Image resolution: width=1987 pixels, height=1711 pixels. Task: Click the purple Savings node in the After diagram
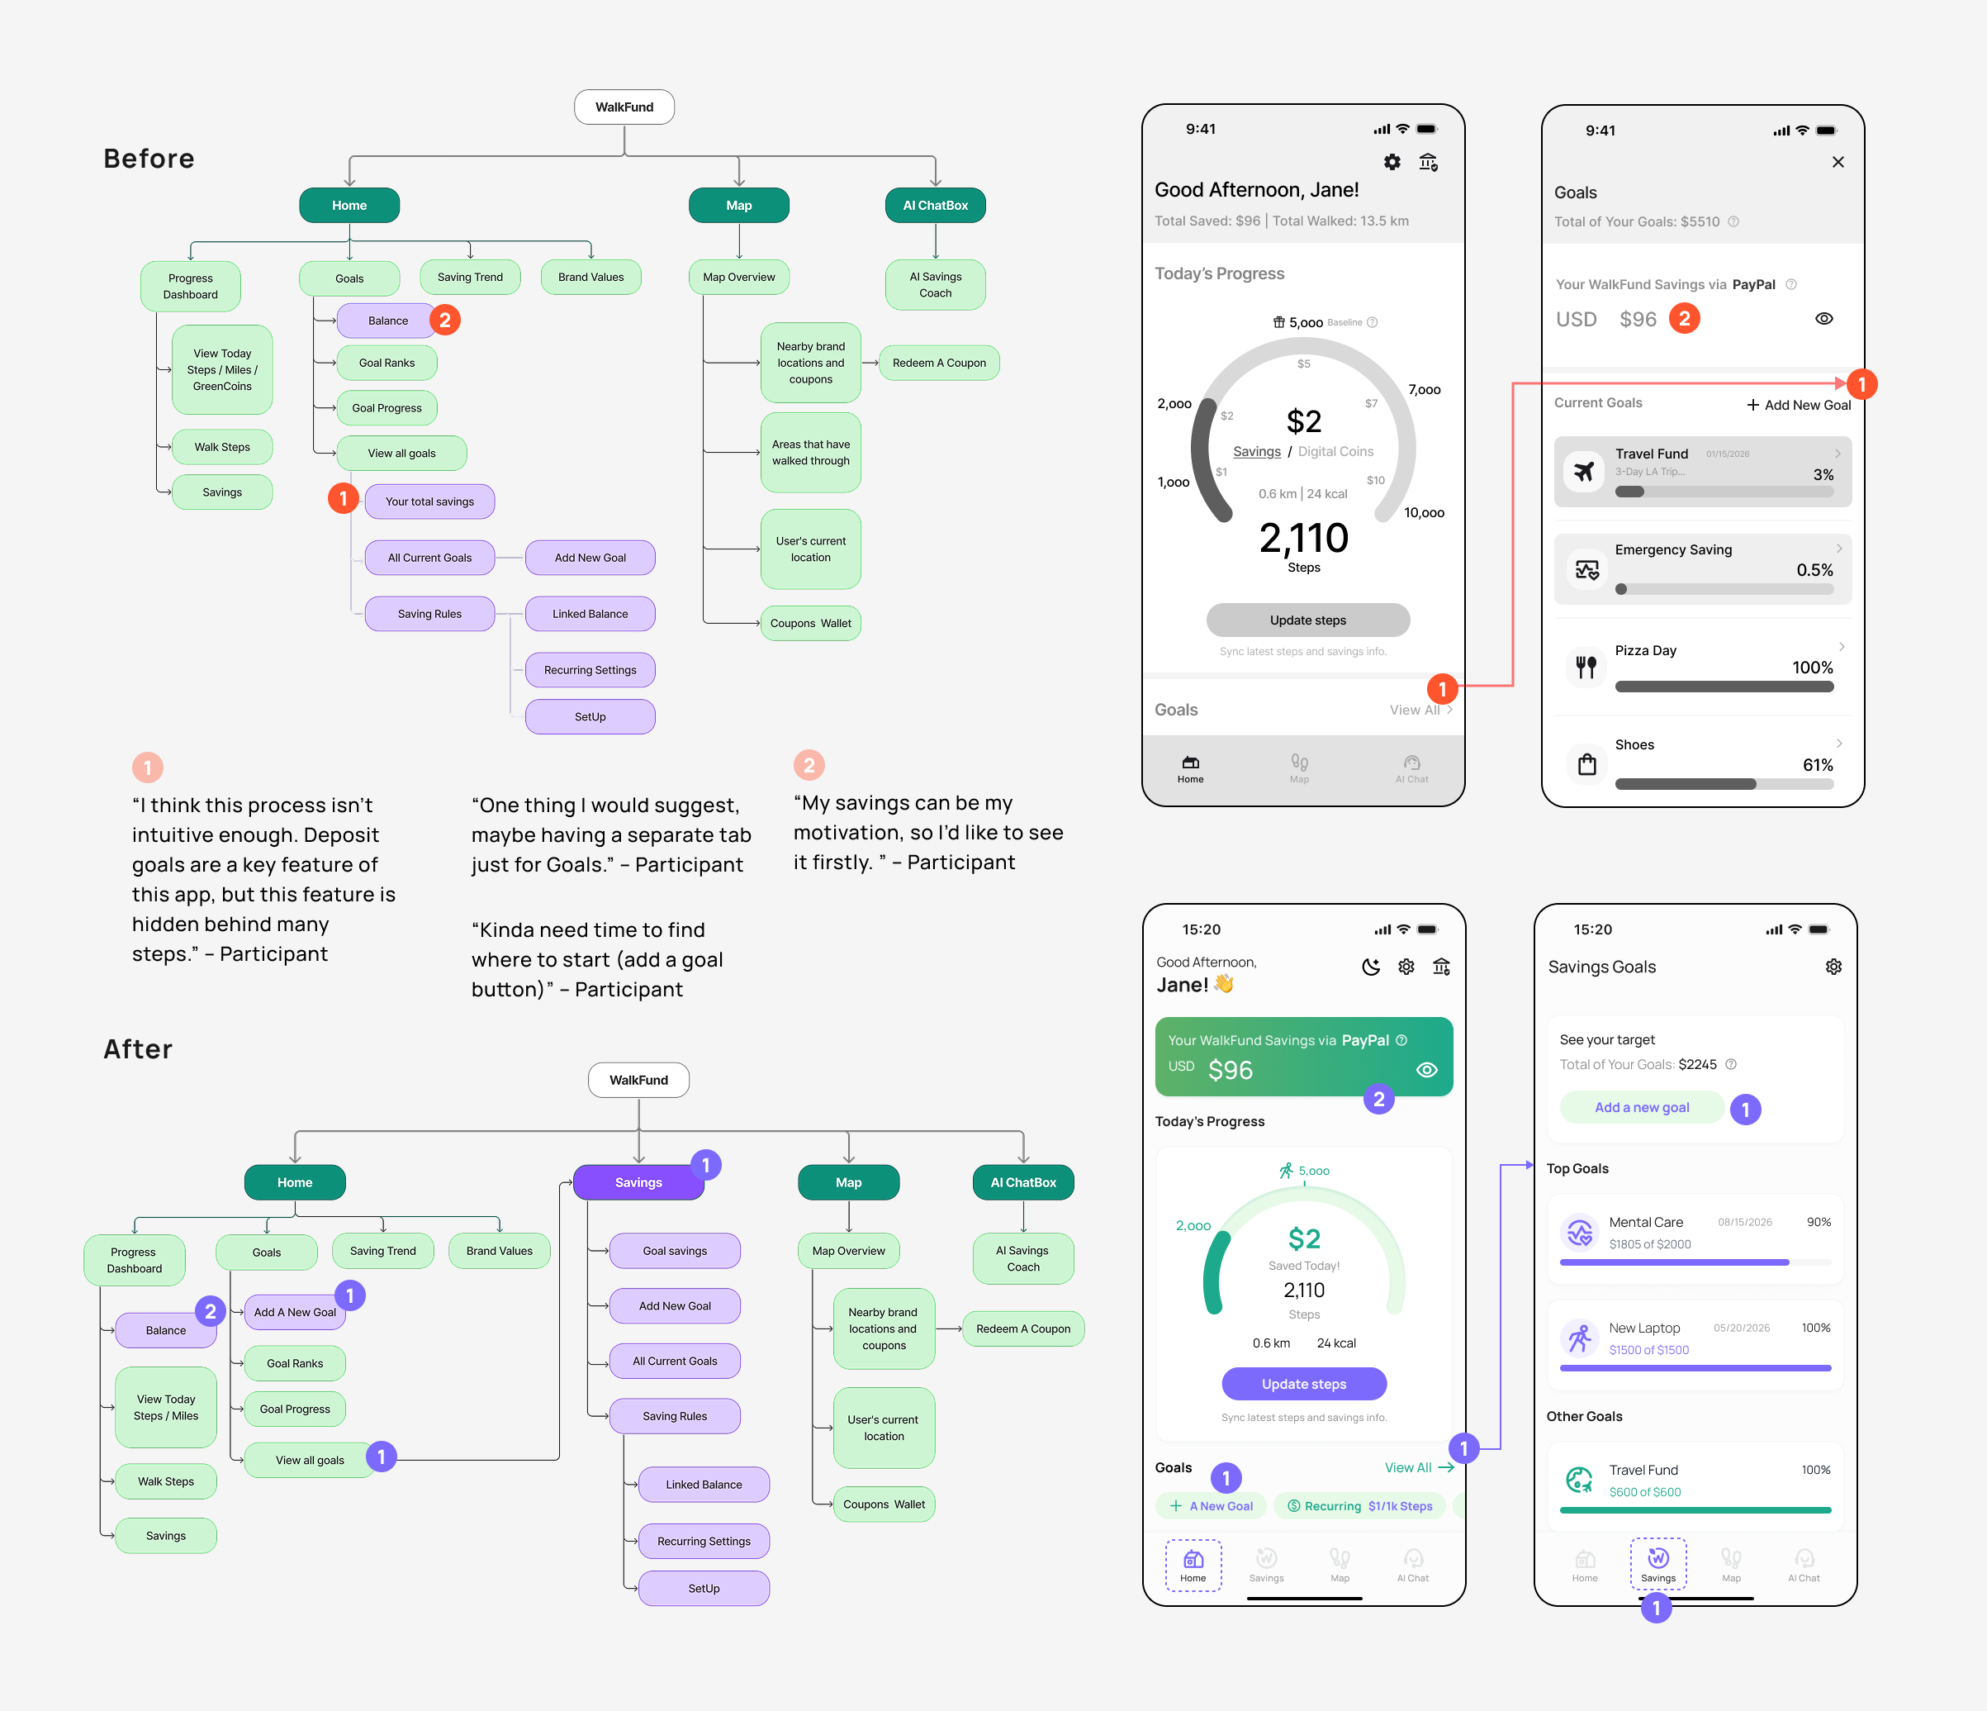(x=638, y=1182)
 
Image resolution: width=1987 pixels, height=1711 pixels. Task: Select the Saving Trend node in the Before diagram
(x=470, y=277)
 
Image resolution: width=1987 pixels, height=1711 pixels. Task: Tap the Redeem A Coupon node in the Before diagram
(x=939, y=363)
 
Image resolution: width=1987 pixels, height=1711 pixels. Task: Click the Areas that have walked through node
(x=810, y=453)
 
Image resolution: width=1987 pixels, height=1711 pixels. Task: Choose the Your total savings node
(x=429, y=501)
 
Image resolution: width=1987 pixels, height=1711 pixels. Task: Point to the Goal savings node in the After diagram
(x=674, y=1251)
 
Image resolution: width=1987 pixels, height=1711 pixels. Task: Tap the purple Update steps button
(x=1303, y=1384)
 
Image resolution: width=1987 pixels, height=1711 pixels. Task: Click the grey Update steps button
(x=1307, y=620)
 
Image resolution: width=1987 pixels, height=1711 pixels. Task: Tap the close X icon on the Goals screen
(x=1838, y=162)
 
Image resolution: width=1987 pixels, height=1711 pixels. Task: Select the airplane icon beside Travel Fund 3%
(x=1584, y=471)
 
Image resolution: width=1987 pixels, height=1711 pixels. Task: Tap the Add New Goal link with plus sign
(x=1798, y=405)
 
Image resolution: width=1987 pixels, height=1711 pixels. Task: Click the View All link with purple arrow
(x=1418, y=1467)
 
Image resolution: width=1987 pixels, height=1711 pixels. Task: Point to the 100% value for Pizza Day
(x=1812, y=668)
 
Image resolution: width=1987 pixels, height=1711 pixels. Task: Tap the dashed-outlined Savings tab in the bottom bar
(x=1658, y=1564)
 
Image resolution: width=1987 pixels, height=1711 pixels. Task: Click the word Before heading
(x=149, y=159)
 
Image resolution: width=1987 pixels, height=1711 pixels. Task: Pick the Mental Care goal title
(x=1646, y=1222)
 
